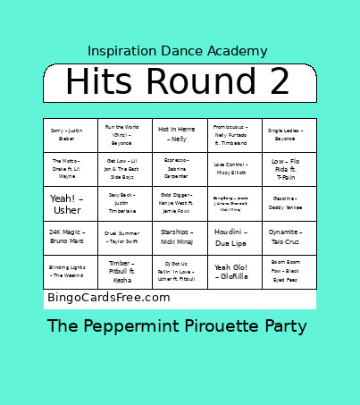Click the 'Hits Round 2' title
[178, 82]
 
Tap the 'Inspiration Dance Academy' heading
[178, 51]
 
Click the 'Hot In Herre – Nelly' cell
[180, 134]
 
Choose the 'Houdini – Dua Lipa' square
[235, 237]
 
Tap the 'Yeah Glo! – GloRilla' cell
[235, 272]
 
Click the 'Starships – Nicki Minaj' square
[180, 237]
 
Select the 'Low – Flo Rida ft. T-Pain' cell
[289, 169]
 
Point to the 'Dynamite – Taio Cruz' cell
[289, 237]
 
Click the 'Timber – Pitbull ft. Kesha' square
[124, 272]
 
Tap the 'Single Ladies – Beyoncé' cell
[289, 134]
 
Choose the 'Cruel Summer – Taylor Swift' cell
[124, 237]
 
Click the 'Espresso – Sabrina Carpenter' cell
[180, 169]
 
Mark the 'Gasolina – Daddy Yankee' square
[289, 204]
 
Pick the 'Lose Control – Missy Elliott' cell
[235, 169]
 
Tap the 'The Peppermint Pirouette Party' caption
[178, 326]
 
